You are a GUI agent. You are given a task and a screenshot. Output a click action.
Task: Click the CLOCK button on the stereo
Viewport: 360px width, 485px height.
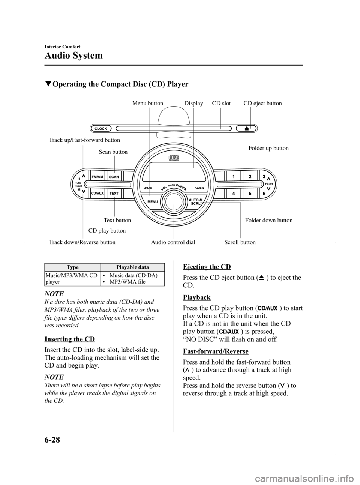coord(101,128)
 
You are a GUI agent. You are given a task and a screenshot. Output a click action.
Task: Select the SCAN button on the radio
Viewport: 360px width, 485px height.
coord(114,176)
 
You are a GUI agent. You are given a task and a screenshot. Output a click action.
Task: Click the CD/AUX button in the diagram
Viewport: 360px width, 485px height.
coord(97,193)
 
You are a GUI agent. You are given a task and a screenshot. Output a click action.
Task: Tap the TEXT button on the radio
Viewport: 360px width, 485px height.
coord(114,193)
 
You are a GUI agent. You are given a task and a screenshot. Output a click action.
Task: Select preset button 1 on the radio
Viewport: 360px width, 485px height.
coord(233,176)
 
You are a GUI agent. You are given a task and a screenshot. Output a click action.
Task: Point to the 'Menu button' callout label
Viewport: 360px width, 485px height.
coord(147,103)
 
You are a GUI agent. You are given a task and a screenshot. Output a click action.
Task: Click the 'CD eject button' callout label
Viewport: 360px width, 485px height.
coord(262,103)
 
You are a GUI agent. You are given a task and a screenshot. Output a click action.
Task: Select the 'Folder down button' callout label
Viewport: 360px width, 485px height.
coord(268,220)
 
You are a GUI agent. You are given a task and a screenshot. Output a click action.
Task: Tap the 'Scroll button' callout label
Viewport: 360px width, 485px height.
coord(240,242)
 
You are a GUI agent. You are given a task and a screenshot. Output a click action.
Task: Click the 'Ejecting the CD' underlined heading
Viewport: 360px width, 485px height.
coord(207,267)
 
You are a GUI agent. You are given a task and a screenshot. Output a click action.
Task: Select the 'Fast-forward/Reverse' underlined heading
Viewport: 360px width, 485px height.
coord(216,351)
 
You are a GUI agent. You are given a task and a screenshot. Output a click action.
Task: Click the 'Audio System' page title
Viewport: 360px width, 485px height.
coord(73,56)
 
